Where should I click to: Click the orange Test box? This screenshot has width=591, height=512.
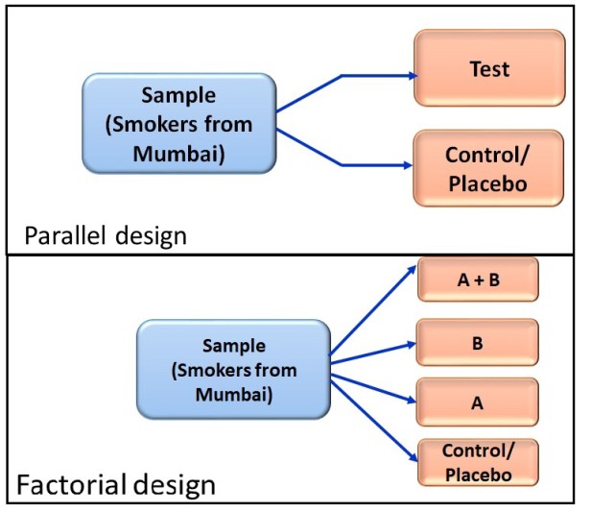pos(489,68)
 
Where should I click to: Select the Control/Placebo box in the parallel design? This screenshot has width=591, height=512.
pos(488,168)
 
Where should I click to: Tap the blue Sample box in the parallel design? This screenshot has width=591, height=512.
pos(179,123)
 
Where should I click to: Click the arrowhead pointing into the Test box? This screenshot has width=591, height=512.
pos(414,76)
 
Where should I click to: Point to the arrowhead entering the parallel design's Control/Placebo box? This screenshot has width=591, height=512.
pos(408,165)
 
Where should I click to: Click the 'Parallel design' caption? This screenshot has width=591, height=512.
pos(106,235)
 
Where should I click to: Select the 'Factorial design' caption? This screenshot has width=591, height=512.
pos(116,485)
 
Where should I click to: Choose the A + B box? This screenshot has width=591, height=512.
pos(478,280)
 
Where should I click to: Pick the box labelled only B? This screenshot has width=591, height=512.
pos(477,343)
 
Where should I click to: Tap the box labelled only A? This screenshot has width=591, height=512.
pos(477,402)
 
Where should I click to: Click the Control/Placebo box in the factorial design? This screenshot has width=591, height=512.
pos(478,462)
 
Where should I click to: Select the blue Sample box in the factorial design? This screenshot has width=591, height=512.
pos(234,370)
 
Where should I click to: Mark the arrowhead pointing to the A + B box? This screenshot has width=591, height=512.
pos(412,270)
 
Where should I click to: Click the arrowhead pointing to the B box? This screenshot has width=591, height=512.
pos(411,344)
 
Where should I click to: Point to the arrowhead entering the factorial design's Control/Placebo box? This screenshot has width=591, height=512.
pos(414,456)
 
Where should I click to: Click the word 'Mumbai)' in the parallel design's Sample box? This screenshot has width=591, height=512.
pos(178,154)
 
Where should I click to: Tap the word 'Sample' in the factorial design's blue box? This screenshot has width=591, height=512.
pos(234,346)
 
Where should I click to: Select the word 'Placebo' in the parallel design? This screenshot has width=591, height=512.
pos(487,183)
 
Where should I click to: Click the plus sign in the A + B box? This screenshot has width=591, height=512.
pos(479,280)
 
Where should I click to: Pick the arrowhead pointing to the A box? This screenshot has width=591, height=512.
pos(411,400)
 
